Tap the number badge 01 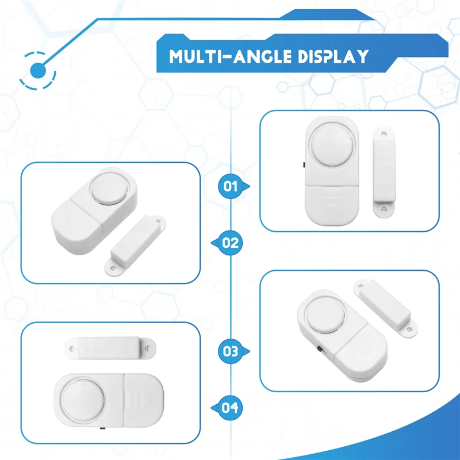click(x=231, y=186)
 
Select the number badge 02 click(x=230, y=243)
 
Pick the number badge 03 click(x=231, y=351)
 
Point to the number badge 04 click(x=230, y=408)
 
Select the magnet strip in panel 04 click(x=110, y=348)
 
